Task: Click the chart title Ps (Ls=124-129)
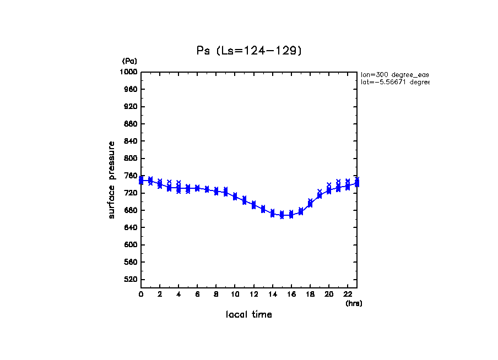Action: click(249, 51)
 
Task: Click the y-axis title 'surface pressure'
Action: click(112, 179)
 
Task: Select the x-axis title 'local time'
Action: click(248, 314)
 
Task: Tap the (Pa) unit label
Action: click(129, 61)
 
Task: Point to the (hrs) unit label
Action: click(354, 303)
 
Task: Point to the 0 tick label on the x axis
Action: click(141, 294)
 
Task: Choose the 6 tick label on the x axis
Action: click(197, 294)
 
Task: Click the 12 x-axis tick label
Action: click(253, 294)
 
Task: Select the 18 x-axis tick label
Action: click(310, 294)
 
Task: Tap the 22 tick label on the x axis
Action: click(348, 294)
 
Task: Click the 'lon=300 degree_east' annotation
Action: click(394, 74)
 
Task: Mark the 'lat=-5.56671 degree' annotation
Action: click(394, 82)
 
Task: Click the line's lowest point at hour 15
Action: click(282, 215)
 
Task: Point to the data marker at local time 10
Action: click(235, 197)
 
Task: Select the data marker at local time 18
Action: click(310, 204)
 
